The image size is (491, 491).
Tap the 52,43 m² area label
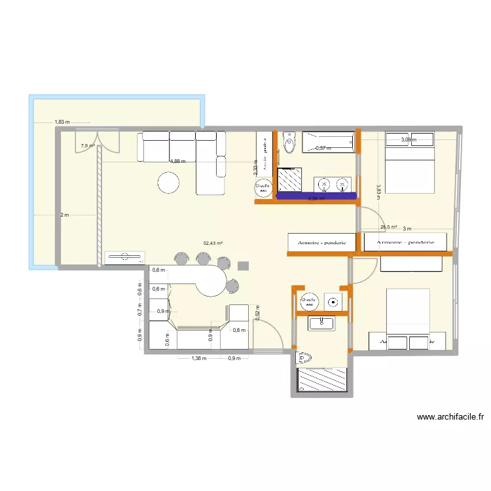point(213,244)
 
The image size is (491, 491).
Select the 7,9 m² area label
point(88,146)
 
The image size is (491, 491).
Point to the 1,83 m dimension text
point(62,122)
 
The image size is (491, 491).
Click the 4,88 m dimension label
point(177,161)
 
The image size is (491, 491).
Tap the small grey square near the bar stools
point(244,266)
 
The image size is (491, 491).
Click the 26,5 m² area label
point(389,228)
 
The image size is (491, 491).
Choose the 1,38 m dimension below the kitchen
point(198,358)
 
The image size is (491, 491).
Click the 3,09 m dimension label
point(409,139)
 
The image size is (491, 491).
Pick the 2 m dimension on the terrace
point(64,215)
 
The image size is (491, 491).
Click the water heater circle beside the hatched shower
point(263,187)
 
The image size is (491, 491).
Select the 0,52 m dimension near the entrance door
point(258,314)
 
